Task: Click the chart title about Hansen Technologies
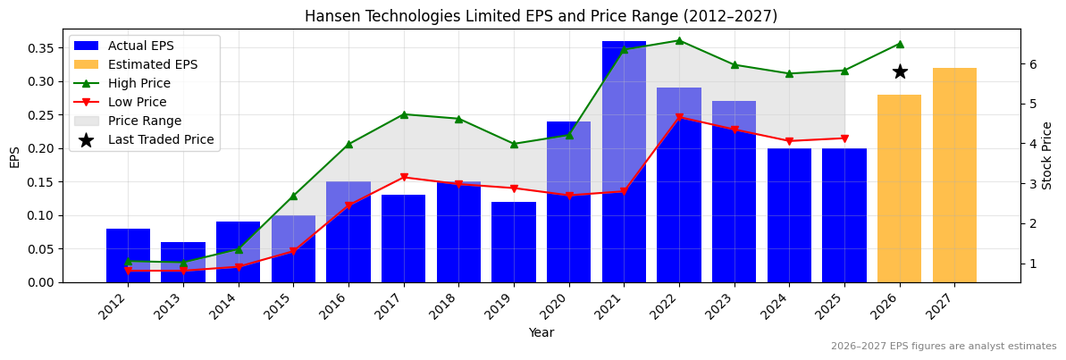pyautogui.click(x=541, y=16)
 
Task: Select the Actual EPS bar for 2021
pyautogui.click(x=624, y=162)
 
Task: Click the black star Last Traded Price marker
pyautogui.click(x=900, y=71)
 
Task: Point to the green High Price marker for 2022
pyautogui.click(x=679, y=40)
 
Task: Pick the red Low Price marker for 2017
pyautogui.click(x=404, y=177)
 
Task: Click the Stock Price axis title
pyautogui.click(x=1047, y=155)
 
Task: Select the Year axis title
pyautogui.click(x=541, y=333)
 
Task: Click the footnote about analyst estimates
pyautogui.click(x=943, y=347)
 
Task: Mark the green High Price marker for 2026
pyautogui.click(x=900, y=44)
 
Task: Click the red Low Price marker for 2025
pyautogui.click(x=844, y=138)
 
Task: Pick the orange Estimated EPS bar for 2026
pyautogui.click(x=900, y=188)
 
